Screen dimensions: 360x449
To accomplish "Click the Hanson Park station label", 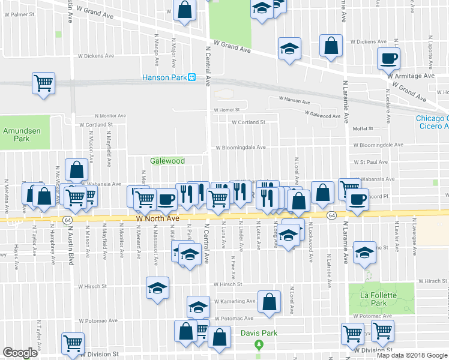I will click(164, 77).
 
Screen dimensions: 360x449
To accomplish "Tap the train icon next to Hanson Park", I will click(192, 77).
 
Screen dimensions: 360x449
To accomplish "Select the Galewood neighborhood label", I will click(167, 161).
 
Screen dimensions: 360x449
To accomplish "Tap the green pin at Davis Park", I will click(259, 345).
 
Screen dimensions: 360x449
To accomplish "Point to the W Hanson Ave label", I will click(294, 100).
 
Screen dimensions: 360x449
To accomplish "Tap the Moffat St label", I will click(363, 128).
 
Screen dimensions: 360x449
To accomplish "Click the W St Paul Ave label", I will click(370, 162).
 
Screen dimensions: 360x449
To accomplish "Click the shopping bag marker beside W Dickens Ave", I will click(331, 46).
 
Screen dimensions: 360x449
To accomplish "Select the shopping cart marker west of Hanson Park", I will click(43, 83).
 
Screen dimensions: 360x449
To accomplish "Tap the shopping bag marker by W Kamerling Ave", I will click(270, 302).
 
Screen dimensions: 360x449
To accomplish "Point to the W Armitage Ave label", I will click(411, 76).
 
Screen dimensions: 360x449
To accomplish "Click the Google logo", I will click(20, 353).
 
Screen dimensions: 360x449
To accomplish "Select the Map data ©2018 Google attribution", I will click(411, 355).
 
